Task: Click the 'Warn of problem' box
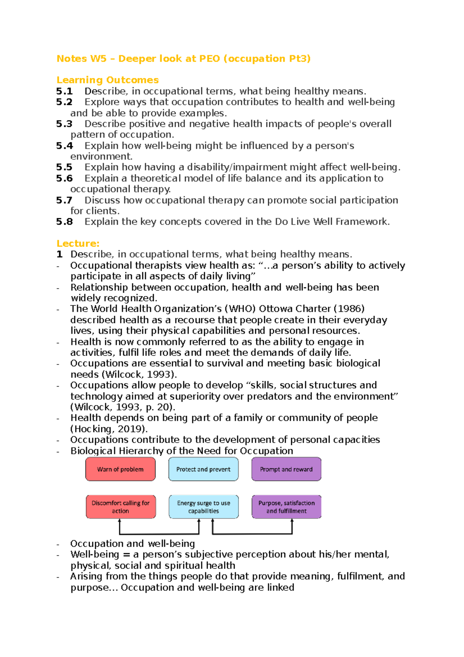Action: click(x=120, y=469)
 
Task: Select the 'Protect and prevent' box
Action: click(x=203, y=469)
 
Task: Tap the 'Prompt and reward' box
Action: click(x=286, y=469)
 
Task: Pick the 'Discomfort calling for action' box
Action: click(x=121, y=507)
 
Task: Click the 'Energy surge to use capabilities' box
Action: click(x=203, y=507)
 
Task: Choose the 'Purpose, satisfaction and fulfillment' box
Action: click(x=287, y=507)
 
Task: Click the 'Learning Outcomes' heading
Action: click(x=107, y=80)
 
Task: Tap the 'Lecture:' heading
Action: click(x=78, y=243)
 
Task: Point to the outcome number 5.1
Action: click(x=64, y=91)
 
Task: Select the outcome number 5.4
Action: click(x=64, y=146)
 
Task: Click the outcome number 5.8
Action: click(x=64, y=222)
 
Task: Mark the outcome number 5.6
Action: click(x=64, y=178)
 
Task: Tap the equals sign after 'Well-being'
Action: click(x=126, y=554)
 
